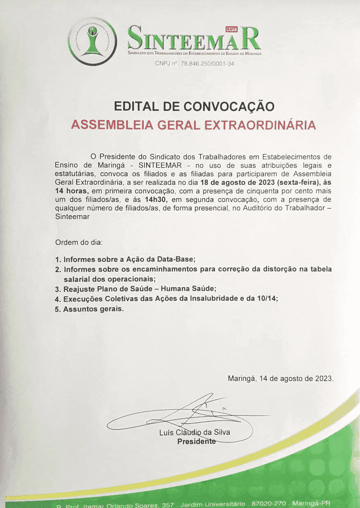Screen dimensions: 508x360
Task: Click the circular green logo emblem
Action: point(92,41)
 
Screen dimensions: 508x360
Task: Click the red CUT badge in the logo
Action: point(231,28)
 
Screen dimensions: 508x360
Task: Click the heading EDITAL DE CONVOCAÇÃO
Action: point(194,107)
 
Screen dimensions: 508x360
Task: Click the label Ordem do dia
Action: point(79,242)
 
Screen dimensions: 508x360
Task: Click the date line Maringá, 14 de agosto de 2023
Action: point(280,379)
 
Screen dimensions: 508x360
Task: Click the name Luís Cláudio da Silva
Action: point(194,432)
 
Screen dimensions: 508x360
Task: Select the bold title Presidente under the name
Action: point(196,441)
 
